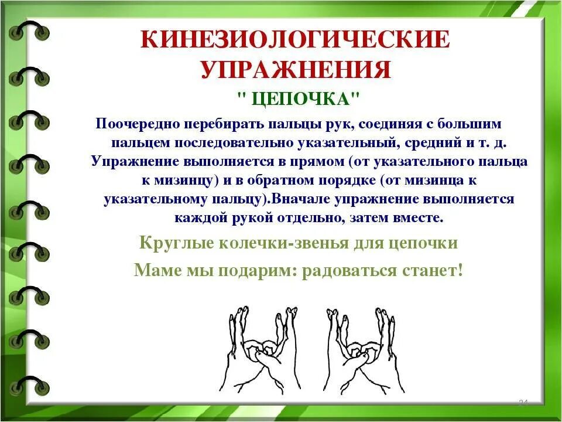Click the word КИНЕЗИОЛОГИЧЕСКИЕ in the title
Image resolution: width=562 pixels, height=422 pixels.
(296, 40)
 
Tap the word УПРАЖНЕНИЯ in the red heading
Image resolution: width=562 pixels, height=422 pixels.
(296, 69)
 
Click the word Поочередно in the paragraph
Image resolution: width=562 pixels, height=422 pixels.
(139, 125)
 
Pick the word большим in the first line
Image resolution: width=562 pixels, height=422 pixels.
(471, 125)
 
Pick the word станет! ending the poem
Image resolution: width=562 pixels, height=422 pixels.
(434, 270)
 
